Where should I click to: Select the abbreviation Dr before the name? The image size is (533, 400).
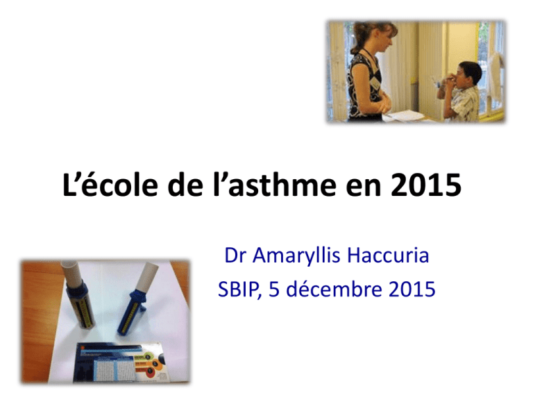pyautogui.click(x=234, y=255)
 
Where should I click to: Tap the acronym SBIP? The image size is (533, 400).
pyautogui.click(x=239, y=290)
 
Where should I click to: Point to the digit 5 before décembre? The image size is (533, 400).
pyautogui.click(x=273, y=290)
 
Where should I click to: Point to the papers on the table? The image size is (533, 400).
pyautogui.click(x=405, y=116)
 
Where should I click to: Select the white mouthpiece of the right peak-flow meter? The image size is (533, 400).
pyautogui.click(x=147, y=276)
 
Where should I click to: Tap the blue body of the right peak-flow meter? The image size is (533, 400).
pyautogui.click(x=131, y=313)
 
